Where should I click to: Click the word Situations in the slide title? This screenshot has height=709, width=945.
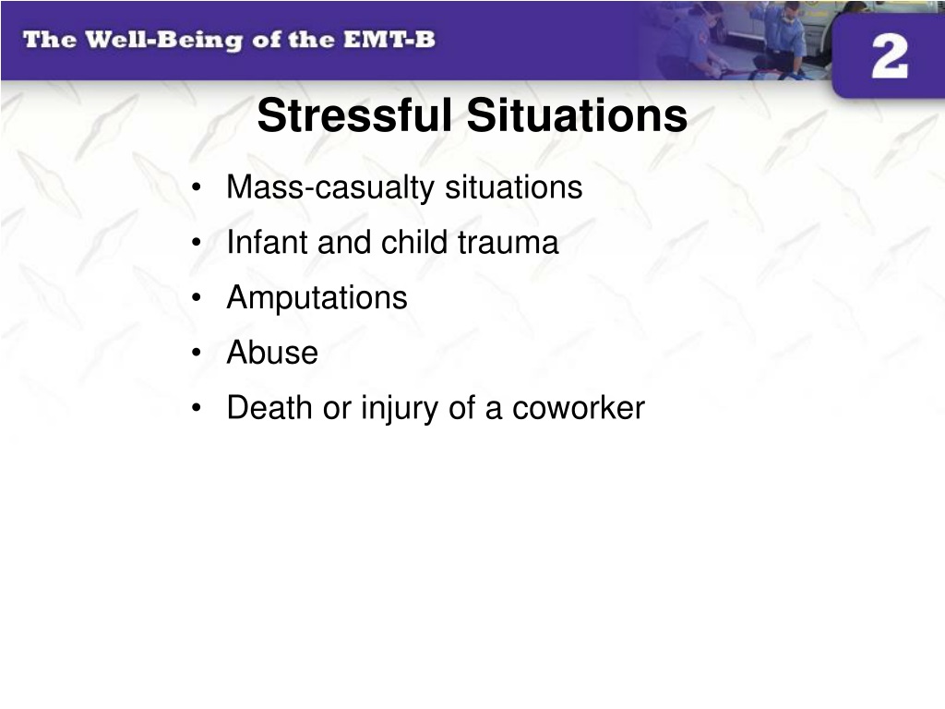pyautogui.click(x=577, y=115)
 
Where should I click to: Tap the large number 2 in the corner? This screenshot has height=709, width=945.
pyautogui.click(x=890, y=56)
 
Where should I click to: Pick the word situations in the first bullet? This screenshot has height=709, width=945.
pyautogui.click(x=513, y=186)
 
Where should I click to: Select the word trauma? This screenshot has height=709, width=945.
pyautogui.click(x=508, y=243)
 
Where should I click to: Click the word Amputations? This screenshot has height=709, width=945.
pyautogui.click(x=317, y=298)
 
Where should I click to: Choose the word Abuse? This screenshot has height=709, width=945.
pyautogui.click(x=272, y=353)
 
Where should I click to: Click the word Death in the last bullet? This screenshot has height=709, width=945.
pyautogui.click(x=270, y=407)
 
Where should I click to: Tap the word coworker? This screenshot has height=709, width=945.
pyautogui.click(x=579, y=408)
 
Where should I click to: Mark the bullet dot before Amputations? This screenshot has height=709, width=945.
pyautogui.click(x=196, y=298)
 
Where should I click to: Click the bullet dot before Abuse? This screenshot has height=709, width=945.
pyautogui.click(x=196, y=353)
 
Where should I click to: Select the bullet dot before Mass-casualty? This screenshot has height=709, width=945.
pyautogui.click(x=196, y=187)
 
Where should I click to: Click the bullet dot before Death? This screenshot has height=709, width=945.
pyautogui.click(x=196, y=408)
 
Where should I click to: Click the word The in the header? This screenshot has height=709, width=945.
pyautogui.click(x=50, y=40)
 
